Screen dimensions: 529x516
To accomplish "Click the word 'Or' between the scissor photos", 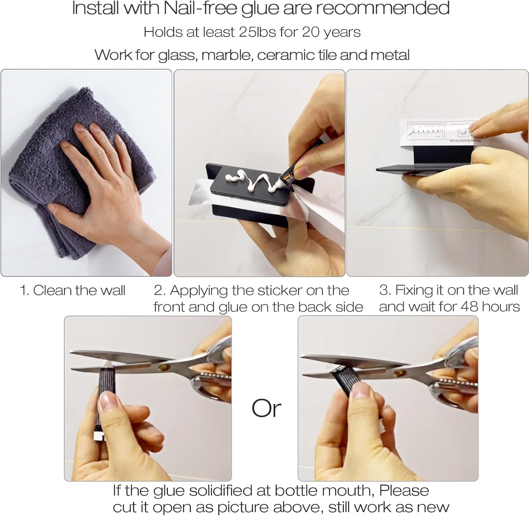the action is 266,408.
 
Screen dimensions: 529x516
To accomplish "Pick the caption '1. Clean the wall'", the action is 72,290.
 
